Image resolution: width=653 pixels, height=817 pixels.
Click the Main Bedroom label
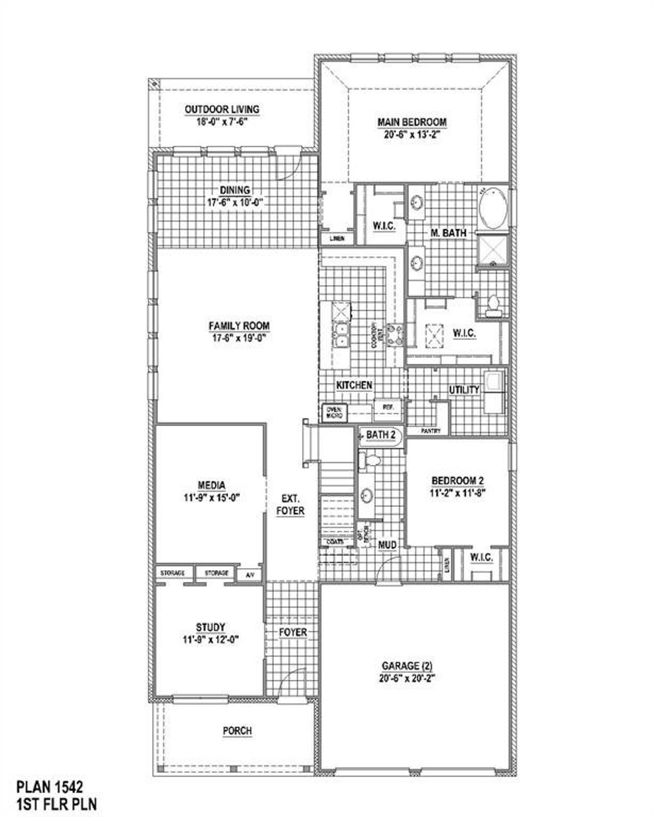coord(412,122)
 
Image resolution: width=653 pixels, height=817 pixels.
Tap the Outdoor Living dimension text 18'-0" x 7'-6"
coord(222,122)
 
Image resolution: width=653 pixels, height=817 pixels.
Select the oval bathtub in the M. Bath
coord(493,208)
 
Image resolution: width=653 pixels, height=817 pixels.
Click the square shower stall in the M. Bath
coord(492,250)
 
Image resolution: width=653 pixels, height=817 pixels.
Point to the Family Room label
coord(239,326)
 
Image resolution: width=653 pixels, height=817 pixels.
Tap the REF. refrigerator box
coord(387,407)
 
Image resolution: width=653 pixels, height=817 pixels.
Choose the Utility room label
coord(464,390)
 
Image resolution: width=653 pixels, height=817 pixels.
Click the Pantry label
coord(431,431)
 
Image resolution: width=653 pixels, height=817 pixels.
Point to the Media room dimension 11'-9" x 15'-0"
coord(212,497)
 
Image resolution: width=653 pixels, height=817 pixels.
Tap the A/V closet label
coord(250,575)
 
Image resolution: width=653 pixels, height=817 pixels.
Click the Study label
coord(211,627)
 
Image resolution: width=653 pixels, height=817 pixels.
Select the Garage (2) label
coord(407,666)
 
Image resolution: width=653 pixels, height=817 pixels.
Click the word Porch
coord(237,731)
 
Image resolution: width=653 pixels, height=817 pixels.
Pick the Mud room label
coord(387,545)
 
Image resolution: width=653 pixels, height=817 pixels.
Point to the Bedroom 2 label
coord(457,481)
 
